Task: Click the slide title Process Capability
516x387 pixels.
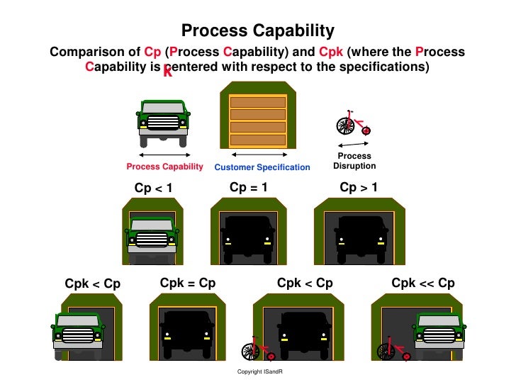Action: (257, 30)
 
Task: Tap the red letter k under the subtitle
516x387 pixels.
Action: (167, 71)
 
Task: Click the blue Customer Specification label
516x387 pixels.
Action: (262, 167)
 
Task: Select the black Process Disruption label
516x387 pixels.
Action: (354, 161)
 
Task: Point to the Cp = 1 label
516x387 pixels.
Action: (249, 187)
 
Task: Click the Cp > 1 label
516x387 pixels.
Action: (359, 187)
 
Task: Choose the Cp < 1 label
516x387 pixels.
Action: (154, 188)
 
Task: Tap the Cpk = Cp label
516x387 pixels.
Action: (188, 283)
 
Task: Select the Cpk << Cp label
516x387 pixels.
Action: (423, 283)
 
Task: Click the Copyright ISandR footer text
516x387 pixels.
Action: (259, 372)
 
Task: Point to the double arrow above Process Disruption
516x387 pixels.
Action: (352, 144)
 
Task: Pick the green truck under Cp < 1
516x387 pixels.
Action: (151, 237)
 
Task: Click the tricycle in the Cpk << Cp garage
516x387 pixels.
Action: (393, 349)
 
